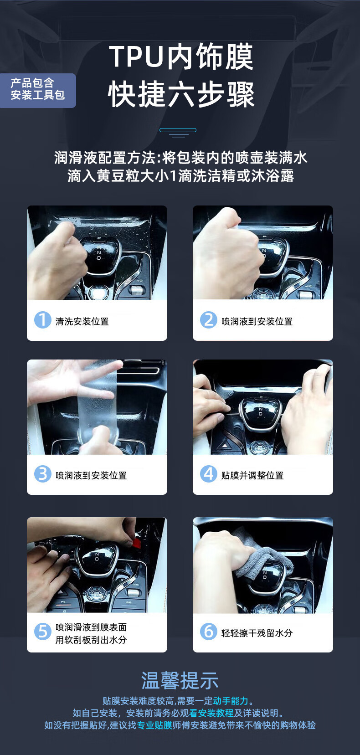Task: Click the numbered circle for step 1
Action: [43, 320]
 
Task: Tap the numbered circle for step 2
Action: [209, 320]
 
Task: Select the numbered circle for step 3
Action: [43, 473]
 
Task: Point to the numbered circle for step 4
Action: [209, 473]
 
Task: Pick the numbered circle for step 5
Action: [43, 632]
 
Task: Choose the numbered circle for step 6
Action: [209, 632]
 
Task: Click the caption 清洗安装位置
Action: [82, 322]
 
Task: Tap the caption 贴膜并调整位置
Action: [252, 476]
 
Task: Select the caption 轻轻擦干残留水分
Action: [257, 633]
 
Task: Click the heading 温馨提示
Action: [180, 680]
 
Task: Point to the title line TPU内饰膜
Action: [181, 56]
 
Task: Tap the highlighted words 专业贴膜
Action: [155, 725]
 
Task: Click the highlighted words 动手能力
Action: [231, 701]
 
